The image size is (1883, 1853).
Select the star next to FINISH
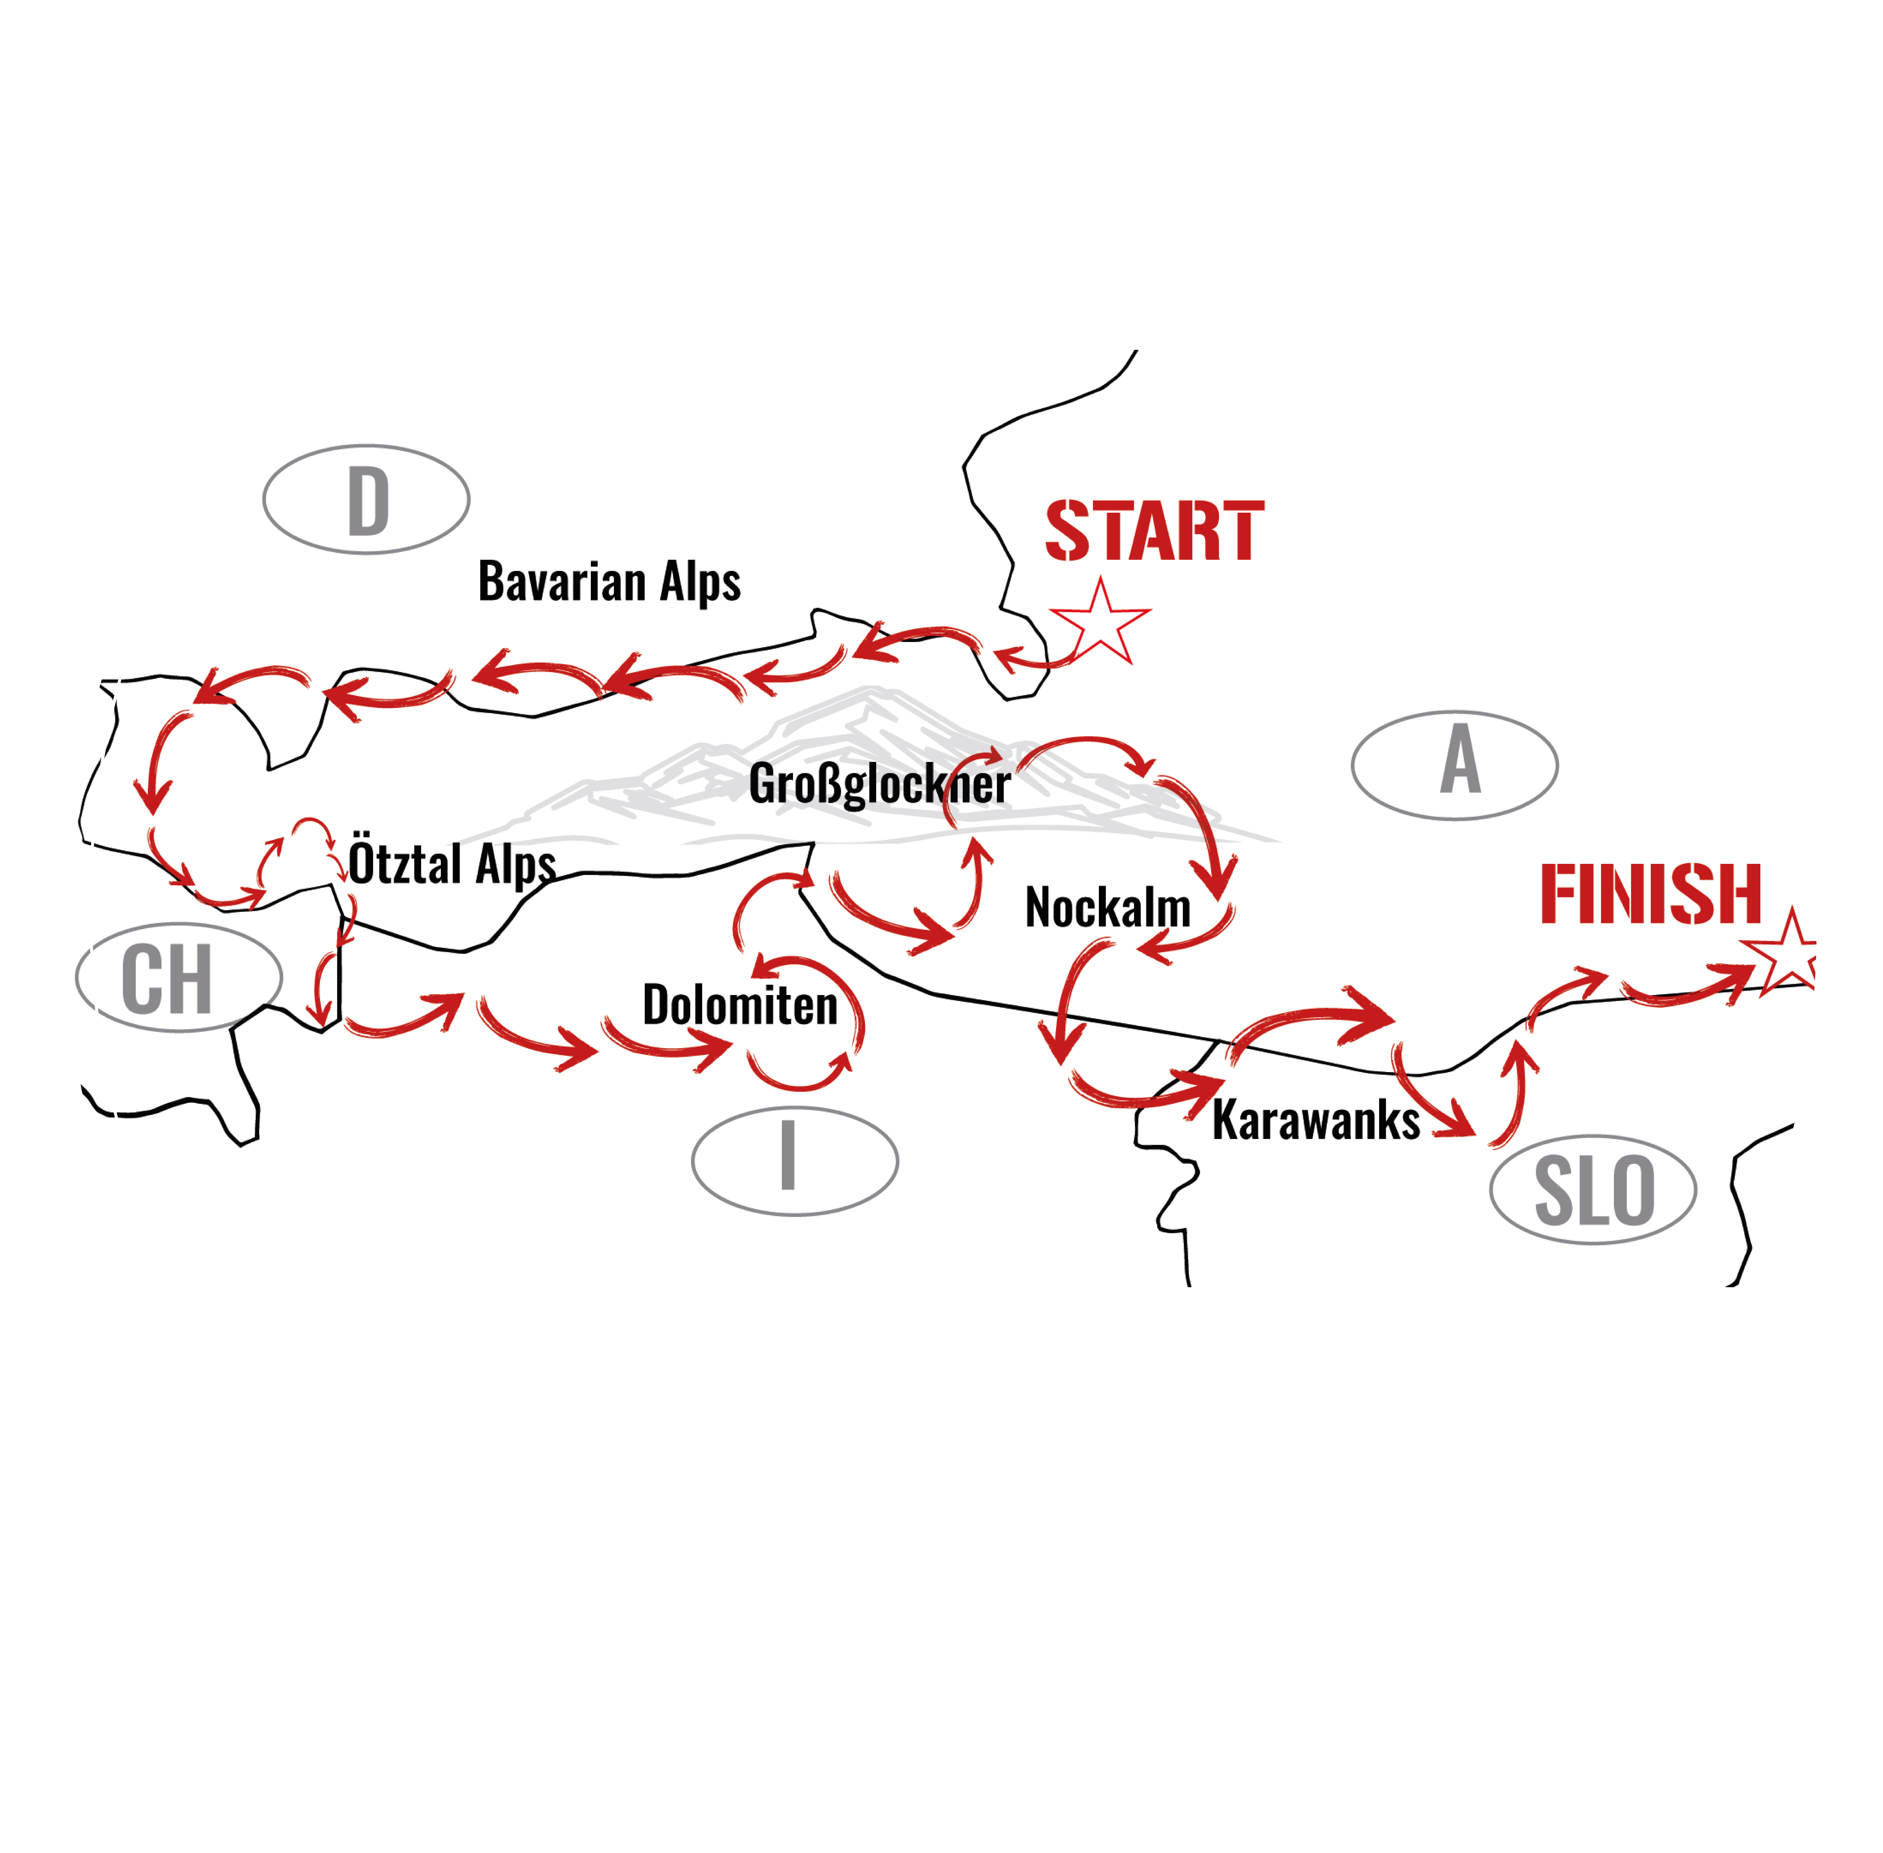click(x=1789, y=954)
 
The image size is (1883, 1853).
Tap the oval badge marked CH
click(x=178, y=977)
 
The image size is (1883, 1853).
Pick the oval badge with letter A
click(x=1454, y=765)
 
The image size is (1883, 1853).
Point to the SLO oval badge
click(x=1593, y=1189)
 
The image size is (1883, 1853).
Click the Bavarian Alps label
click(x=609, y=582)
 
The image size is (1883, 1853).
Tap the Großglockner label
click(x=879, y=784)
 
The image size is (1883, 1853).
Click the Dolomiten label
click(x=739, y=1005)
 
